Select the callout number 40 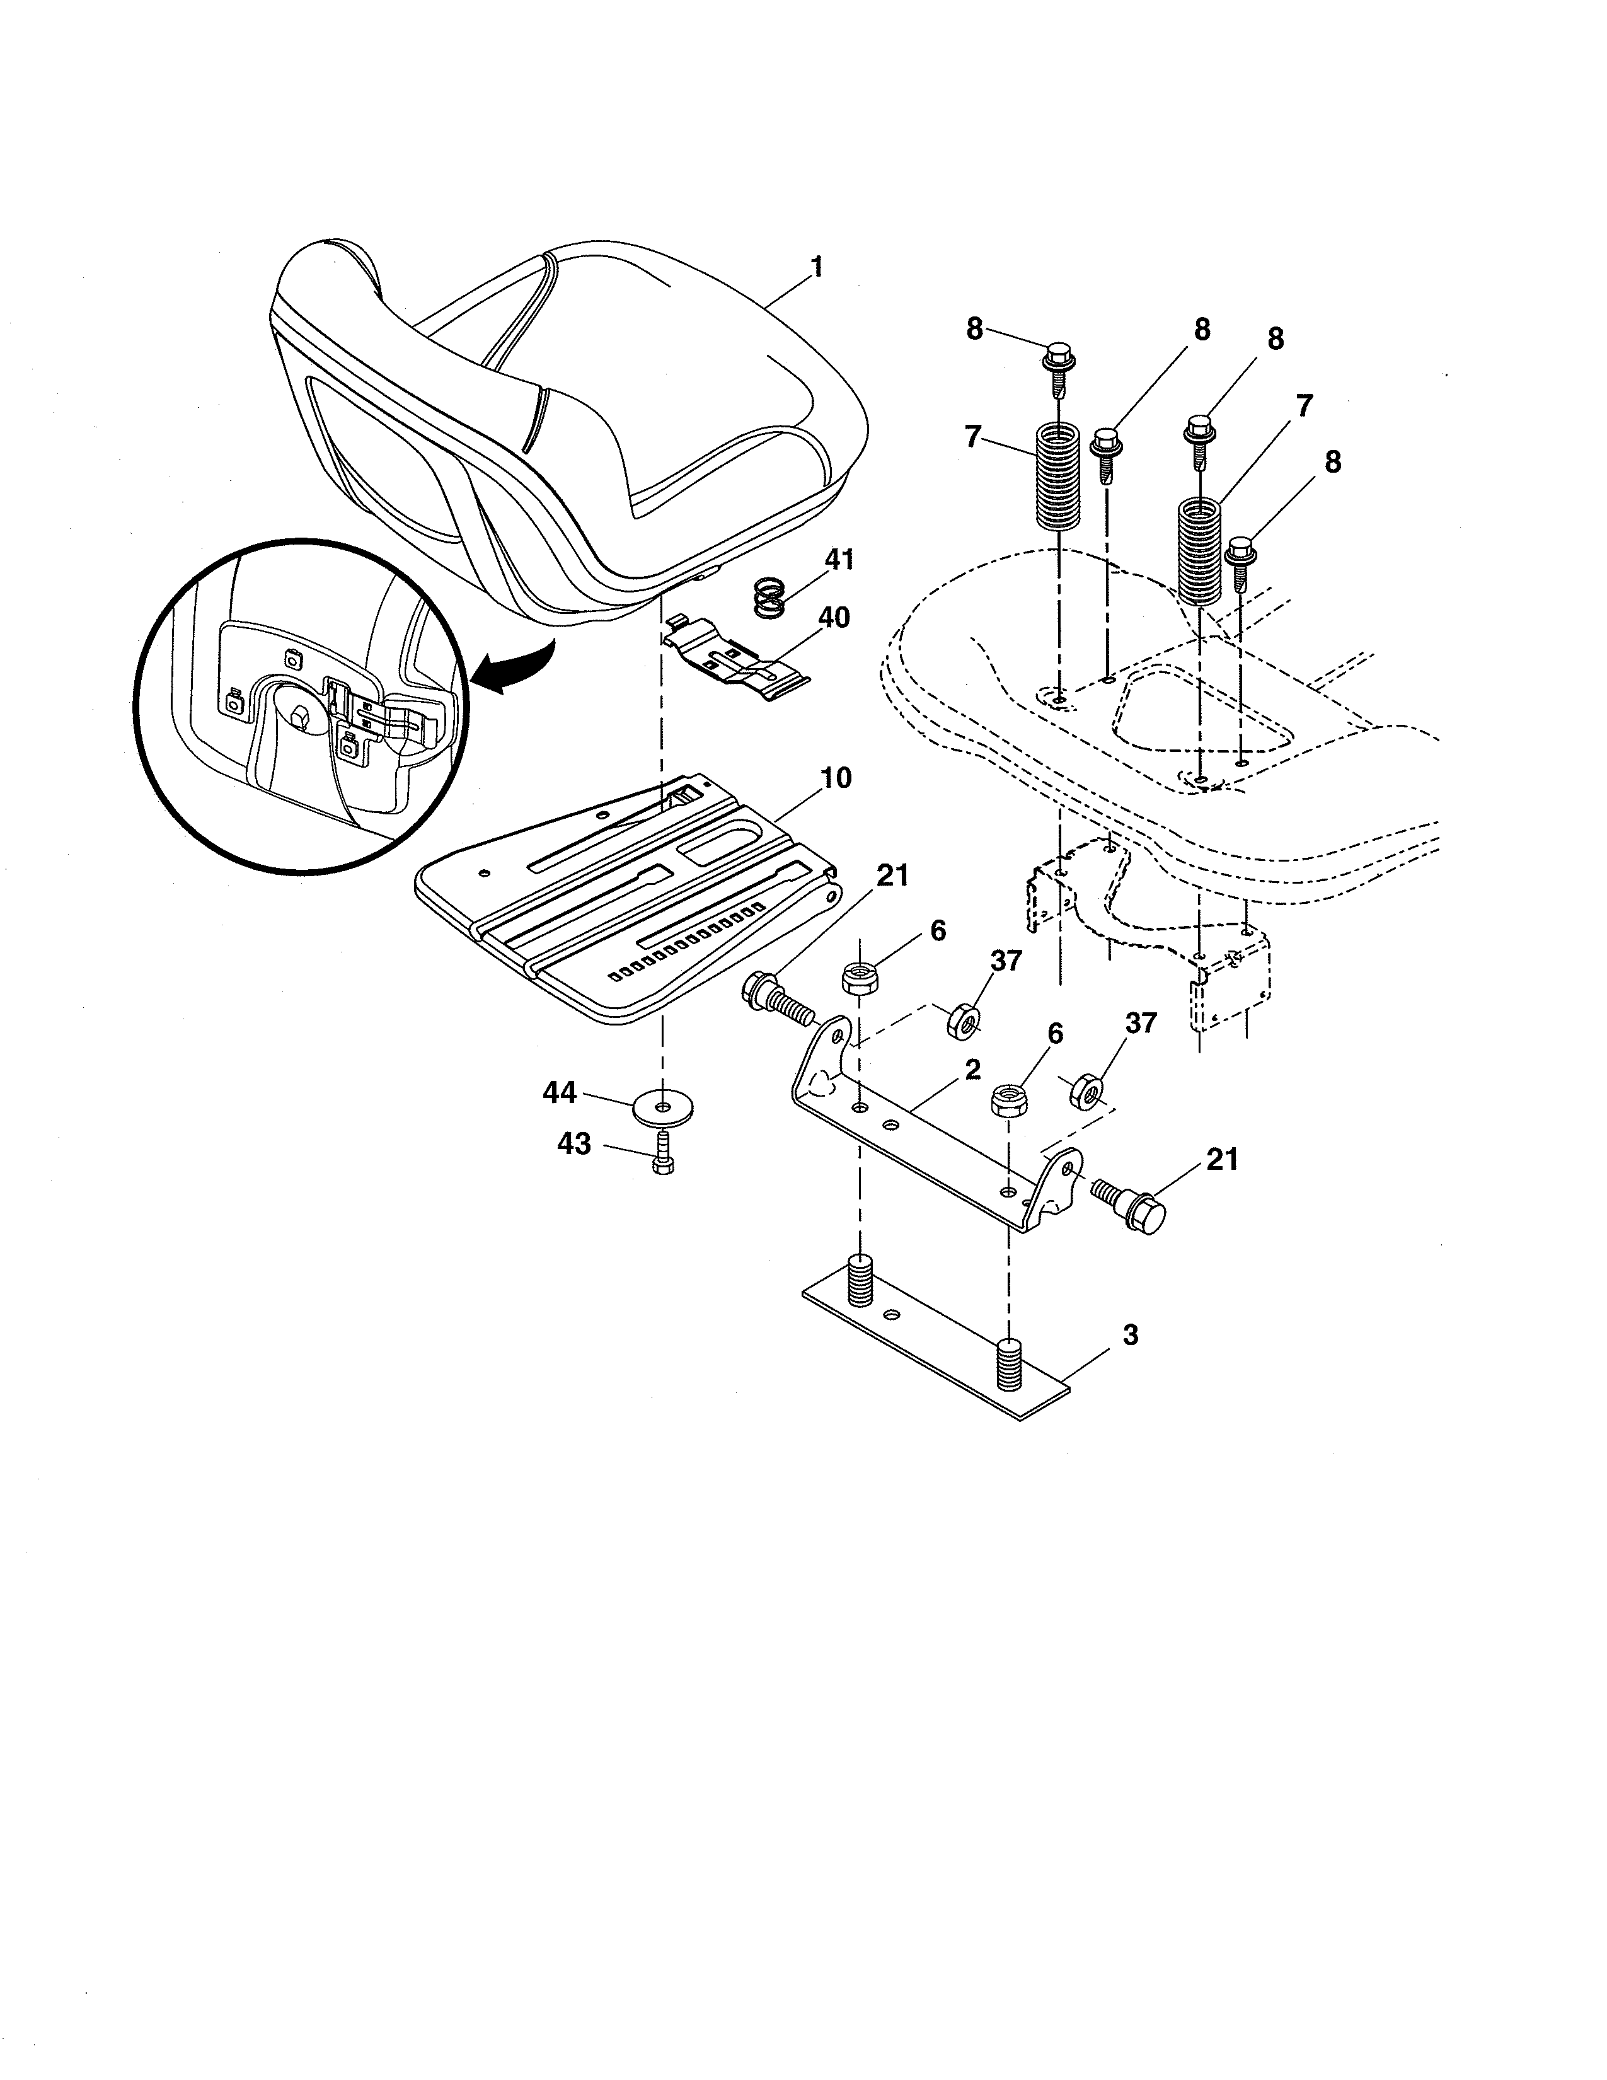[x=834, y=618]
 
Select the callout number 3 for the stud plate [x=1130, y=1335]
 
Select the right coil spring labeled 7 [x=1199, y=550]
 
